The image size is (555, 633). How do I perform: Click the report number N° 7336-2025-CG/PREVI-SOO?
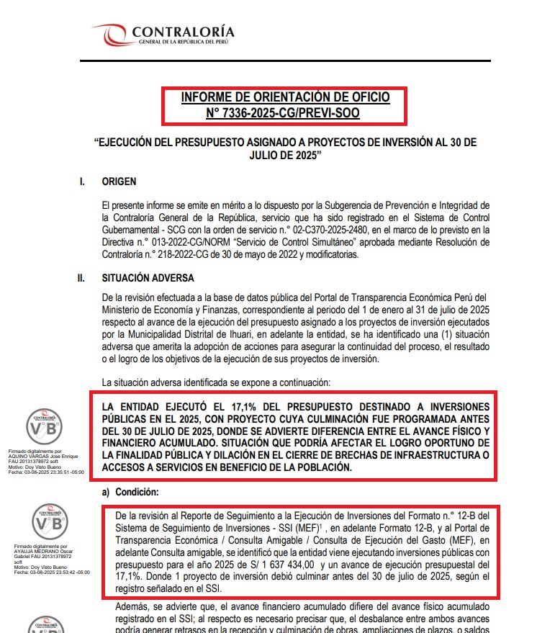point(283,113)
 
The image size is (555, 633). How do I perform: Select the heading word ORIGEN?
point(119,181)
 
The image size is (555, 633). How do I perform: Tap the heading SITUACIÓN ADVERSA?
point(148,277)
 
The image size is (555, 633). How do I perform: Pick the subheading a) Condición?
point(129,492)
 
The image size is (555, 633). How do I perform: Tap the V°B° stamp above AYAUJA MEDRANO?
point(50,524)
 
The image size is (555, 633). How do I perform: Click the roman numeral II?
point(83,277)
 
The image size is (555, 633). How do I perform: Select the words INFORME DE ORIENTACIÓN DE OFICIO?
point(285,97)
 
